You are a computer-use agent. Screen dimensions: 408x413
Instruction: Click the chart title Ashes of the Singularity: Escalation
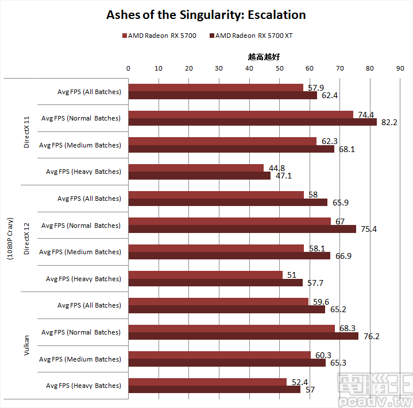(x=206, y=14)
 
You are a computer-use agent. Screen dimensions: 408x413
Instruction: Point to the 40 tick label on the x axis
(x=249, y=68)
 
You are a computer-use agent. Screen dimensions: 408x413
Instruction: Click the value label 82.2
(x=389, y=122)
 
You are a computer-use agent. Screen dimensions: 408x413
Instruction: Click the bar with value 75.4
(x=242, y=229)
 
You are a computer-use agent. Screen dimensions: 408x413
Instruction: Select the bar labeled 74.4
(x=241, y=114)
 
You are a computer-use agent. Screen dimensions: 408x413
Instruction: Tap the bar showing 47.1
(x=199, y=176)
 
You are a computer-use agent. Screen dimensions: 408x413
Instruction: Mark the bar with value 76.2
(x=243, y=336)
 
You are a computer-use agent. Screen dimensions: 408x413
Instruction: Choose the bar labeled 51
(x=205, y=275)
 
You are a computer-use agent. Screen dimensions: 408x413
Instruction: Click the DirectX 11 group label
(x=26, y=131)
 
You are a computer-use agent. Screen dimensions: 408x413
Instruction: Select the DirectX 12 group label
(x=26, y=238)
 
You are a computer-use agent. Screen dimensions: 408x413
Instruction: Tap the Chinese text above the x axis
(x=264, y=57)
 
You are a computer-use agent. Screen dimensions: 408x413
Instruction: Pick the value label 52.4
(x=298, y=382)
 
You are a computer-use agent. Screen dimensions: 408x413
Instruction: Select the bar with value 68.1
(x=231, y=149)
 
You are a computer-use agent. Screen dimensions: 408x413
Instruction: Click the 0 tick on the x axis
(x=129, y=68)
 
